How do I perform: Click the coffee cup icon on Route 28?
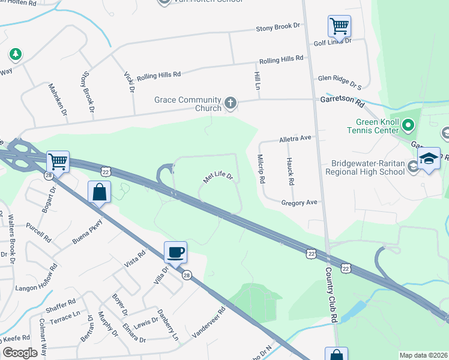(175, 252)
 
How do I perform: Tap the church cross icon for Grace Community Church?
(230, 104)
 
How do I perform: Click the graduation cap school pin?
(429, 158)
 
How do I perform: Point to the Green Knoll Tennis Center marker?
(408, 125)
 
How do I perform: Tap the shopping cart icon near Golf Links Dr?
(339, 26)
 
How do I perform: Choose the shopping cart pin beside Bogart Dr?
(58, 161)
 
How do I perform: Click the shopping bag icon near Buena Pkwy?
(100, 193)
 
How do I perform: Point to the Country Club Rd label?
(331, 295)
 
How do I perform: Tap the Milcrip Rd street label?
(262, 168)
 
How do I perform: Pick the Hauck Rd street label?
(290, 171)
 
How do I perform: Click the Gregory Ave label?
(299, 203)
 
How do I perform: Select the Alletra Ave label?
(295, 138)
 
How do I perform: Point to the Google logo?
(20, 353)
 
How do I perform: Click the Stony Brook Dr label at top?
(277, 28)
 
